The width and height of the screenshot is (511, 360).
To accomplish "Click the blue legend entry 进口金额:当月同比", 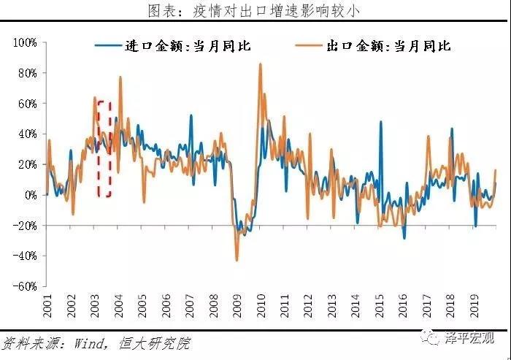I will pos(174,46).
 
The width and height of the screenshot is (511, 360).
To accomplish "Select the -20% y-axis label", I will pos(26,226).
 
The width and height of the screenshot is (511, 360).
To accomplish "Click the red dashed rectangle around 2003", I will pos(104,149).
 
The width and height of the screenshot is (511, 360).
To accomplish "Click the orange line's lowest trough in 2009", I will pos(237,260).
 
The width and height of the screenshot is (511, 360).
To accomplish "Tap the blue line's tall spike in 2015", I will pos(380,122).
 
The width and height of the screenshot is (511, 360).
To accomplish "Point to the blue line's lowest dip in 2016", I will pos(404,238).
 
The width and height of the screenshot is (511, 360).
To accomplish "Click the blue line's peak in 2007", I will pos(191,115).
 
